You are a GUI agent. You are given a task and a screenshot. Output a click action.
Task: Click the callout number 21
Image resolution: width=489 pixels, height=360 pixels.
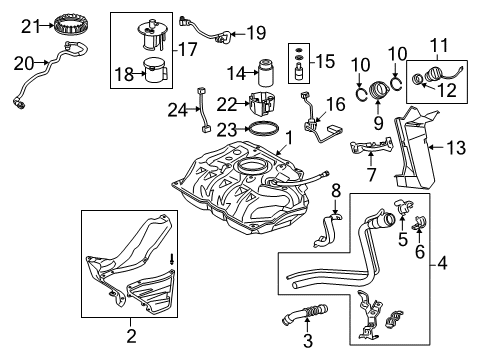pyautogui.click(x=30, y=24)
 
